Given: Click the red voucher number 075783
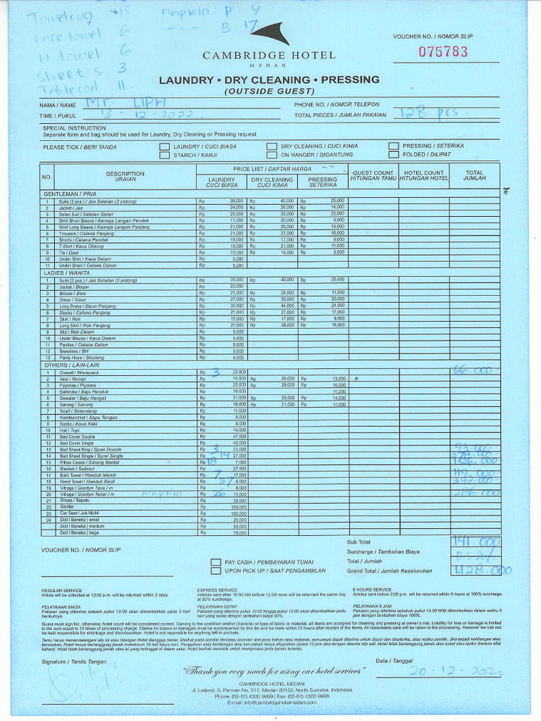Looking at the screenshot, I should point(442,51).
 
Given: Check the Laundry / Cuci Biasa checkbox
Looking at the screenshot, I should point(164,146).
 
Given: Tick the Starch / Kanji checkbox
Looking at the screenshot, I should point(164,156).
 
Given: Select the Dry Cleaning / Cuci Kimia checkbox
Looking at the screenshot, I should point(271,146).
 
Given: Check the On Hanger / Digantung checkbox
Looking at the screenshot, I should point(271,156).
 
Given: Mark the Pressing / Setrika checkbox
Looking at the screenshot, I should point(393,146).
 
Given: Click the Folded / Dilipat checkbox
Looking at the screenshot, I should point(393,156).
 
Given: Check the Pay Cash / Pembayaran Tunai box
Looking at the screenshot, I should point(216,562).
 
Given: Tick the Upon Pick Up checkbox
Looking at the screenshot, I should point(216,571).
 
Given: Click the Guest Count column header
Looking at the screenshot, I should point(373,175).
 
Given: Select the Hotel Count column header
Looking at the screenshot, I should point(423,175).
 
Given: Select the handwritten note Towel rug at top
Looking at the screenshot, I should point(49,15).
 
